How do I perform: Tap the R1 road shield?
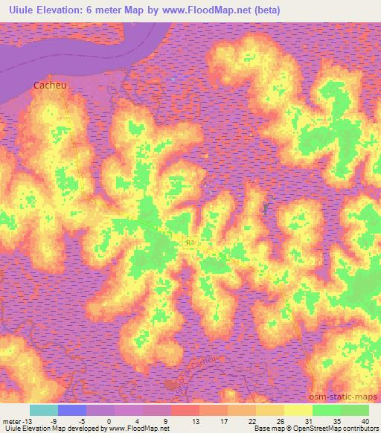tap(189, 243)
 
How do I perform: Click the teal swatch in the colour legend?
tap(44, 410)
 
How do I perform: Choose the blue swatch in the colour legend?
tap(72, 410)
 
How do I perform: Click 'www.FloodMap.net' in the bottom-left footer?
tap(138, 429)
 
